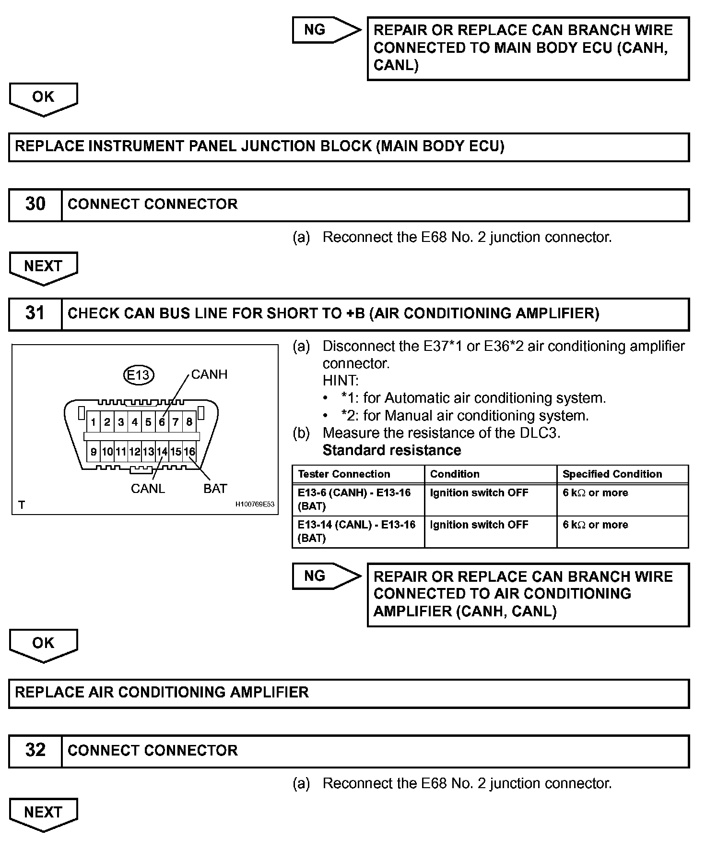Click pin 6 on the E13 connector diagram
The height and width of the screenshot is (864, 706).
point(162,422)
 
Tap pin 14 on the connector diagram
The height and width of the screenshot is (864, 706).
point(162,452)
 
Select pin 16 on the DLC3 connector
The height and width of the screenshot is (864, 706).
point(190,452)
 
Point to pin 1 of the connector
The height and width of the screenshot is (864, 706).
point(94,422)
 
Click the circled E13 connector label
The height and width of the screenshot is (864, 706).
point(138,374)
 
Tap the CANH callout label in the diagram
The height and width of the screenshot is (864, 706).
point(209,374)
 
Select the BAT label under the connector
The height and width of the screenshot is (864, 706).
point(215,489)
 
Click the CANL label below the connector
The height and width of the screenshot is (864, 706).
point(148,489)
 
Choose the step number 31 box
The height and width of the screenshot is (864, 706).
point(35,314)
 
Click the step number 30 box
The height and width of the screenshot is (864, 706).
point(35,204)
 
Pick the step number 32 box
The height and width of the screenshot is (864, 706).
point(35,751)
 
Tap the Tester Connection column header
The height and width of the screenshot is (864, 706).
point(344,474)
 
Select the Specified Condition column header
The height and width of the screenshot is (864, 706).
point(612,474)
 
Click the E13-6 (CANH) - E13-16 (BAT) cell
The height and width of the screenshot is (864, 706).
point(355,499)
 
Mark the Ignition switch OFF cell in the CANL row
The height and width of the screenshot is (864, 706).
point(479,525)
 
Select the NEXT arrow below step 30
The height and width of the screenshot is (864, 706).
point(43,267)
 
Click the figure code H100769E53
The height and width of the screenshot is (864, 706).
point(255,504)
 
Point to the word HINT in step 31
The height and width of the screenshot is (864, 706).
point(340,381)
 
